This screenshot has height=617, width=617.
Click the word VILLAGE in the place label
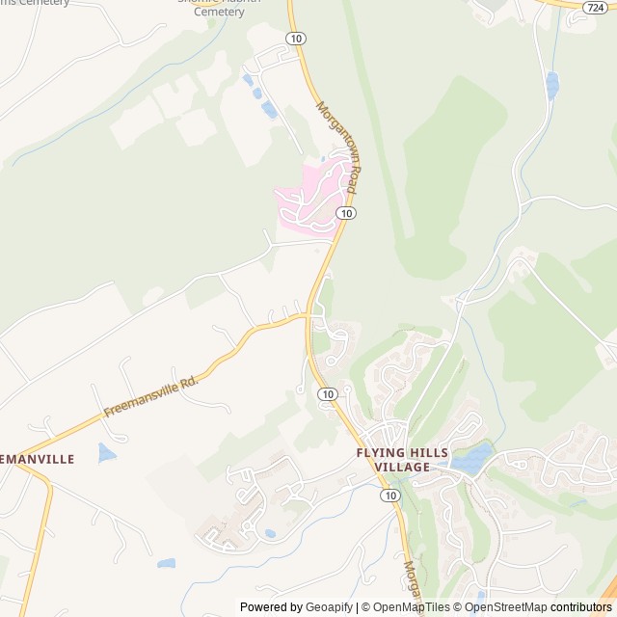pos(402,468)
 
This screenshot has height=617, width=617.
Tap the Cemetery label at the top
pos(219,12)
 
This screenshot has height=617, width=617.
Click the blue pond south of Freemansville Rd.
pos(106,452)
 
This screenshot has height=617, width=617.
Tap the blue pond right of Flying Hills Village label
pos(469,459)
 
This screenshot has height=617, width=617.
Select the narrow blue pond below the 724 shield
pos(552,85)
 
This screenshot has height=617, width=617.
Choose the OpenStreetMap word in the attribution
pos(504,607)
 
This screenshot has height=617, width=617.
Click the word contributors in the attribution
pos(581,607)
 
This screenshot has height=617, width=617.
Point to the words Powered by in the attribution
pos(270,607)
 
